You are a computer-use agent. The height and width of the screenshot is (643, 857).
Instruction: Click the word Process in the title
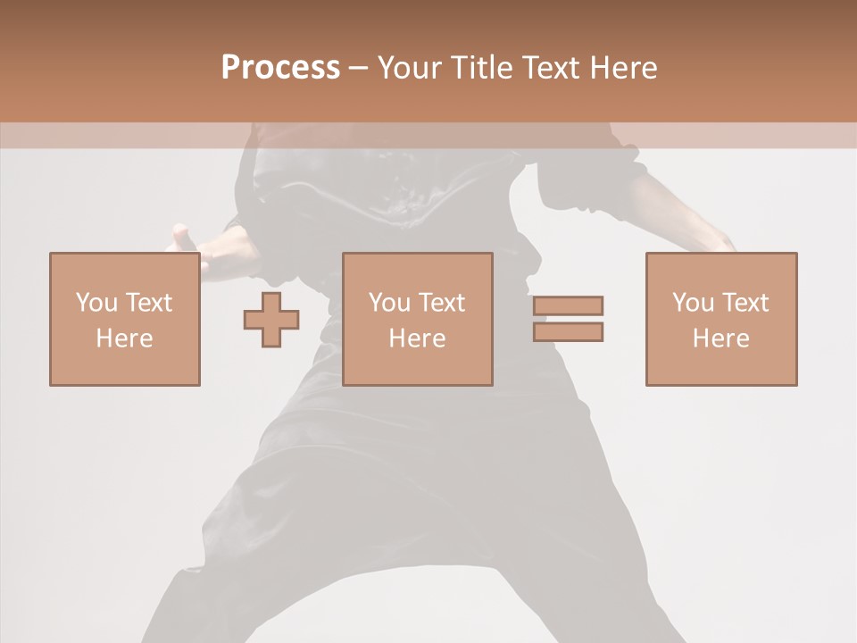point(280,68)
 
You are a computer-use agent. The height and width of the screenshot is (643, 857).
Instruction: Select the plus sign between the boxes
point(271,320)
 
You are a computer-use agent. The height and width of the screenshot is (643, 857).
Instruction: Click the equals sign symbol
point(569,319)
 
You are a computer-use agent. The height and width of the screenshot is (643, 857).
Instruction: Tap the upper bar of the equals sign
point(569,306)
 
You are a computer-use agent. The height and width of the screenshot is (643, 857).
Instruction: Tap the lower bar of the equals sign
point(569,331)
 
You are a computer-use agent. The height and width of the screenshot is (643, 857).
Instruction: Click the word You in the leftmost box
point(96,303)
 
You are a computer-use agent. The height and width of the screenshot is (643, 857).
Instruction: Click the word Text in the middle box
point(441,303)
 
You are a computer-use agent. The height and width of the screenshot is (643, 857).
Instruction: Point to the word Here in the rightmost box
point(721,338)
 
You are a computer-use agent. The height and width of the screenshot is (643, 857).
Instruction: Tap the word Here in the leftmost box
point(125,338)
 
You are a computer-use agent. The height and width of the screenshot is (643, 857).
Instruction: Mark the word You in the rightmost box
point(693,303)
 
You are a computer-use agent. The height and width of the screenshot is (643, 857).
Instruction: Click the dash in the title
point(358,68)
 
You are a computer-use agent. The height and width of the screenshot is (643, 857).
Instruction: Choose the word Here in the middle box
point(418,338)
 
